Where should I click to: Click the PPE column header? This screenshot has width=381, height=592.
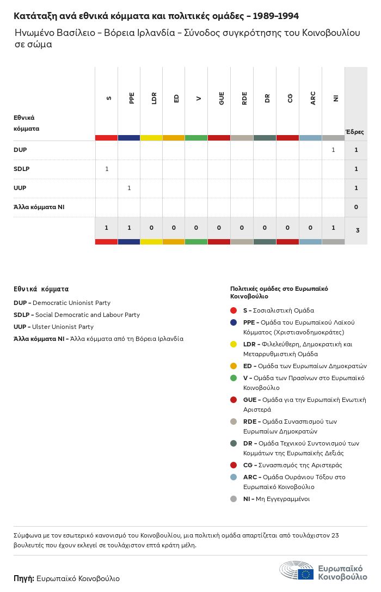(x=132, y=98)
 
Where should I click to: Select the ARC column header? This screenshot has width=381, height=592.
(x=313, y=98)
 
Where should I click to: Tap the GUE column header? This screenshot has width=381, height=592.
(x=222, y=98)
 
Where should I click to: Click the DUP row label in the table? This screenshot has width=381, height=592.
(x=20, y=150)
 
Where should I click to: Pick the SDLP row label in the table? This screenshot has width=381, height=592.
(x=21, y=169)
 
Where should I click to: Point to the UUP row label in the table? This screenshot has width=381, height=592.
(x=20, y=188)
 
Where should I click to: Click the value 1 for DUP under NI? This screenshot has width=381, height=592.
(x=333, y=150)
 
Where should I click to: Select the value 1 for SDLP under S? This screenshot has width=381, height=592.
(x=107, y=169)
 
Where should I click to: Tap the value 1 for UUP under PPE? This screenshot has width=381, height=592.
(x=129, y=188)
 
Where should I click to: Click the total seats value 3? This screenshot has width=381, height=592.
(x=357, y=230)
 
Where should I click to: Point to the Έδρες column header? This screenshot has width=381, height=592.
(x=355, y=132)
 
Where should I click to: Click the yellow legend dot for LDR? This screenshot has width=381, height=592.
(x=233, y=344)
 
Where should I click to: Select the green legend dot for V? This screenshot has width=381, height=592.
(x=233, y=378)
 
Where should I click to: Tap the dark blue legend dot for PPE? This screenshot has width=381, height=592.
(x=233, y=322)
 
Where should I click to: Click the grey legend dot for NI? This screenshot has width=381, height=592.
(x=233, y=499)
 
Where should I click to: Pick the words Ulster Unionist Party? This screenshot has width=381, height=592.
(x=63, y=327)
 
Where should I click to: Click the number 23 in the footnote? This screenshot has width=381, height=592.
(x=334, y=535)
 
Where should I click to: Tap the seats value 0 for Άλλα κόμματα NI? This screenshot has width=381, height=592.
(x=356, y=207)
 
